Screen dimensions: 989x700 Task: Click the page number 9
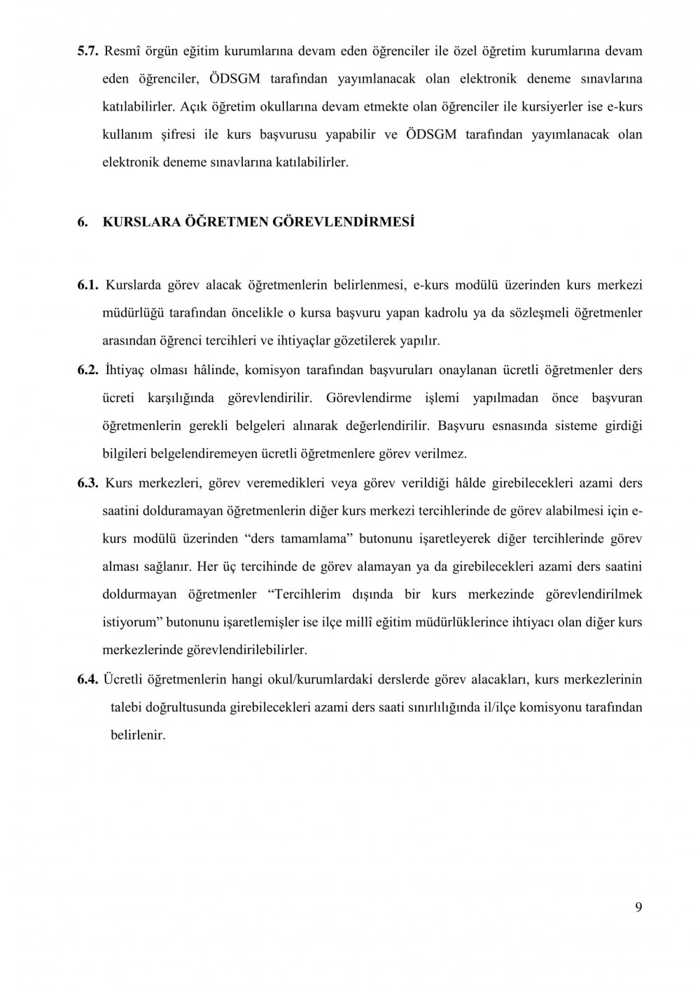tap(638, 908)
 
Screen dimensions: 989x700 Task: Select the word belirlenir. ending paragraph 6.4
tap(138, 736)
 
